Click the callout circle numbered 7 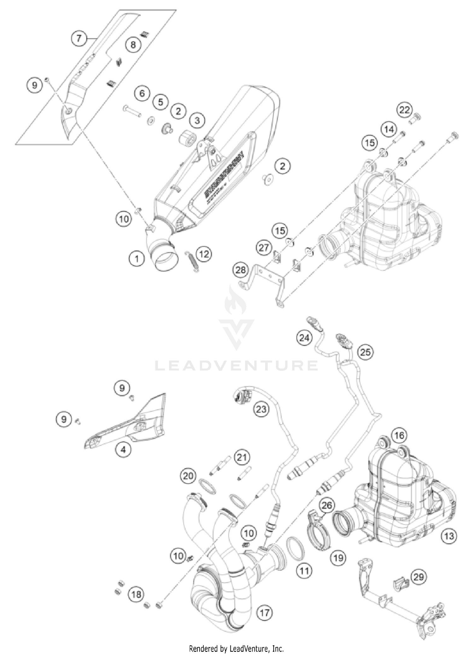[79, 38]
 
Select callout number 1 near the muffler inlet [137, 259]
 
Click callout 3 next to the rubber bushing [197, 120]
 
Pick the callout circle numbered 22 [405, 110]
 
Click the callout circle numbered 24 [304, 338]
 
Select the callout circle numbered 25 [365, 352]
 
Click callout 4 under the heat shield [123, 450]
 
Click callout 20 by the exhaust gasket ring [188, 476]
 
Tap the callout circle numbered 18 [136, 595]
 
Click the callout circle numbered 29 [419, 577]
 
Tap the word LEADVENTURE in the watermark [237, 366]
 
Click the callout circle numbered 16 [399, 436]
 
